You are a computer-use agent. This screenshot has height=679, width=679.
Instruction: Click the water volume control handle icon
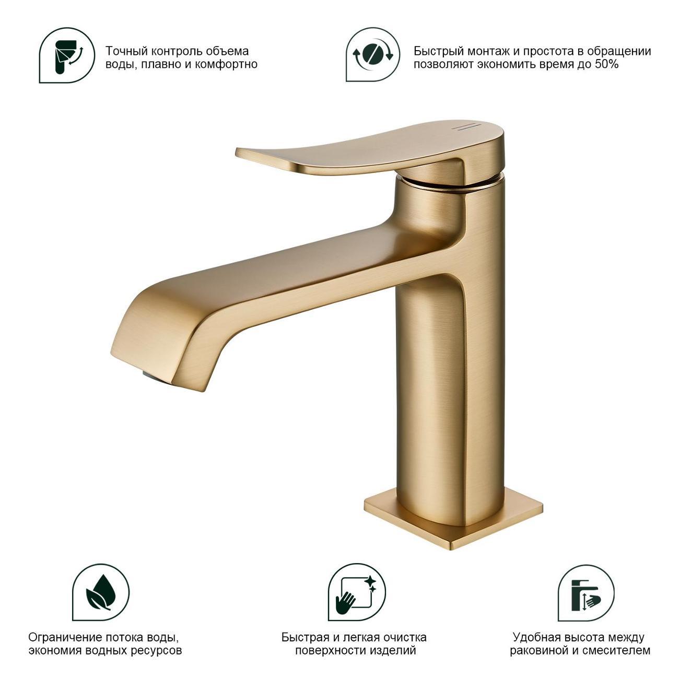pyautogui.click(x=67, y=55)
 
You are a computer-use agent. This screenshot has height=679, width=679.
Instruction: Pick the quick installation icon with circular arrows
pyautogui.click(x=373, y=55)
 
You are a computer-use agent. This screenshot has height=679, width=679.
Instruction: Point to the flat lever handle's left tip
pyautogui.click(x=236, y=152)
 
